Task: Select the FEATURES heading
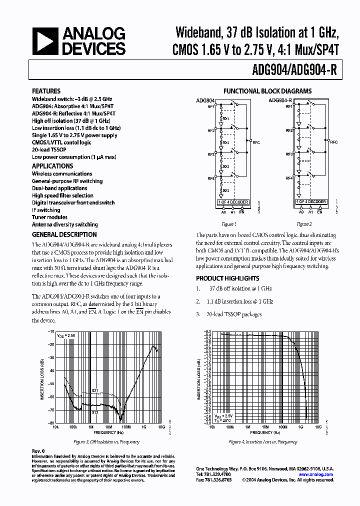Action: (46, 91)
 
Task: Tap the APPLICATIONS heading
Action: (52, 166)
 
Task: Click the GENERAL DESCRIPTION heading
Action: (64, 234)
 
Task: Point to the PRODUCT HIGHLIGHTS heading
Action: (227, 278)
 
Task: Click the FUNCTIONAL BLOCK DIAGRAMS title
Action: (267, 91)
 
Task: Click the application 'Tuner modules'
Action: (49, 217)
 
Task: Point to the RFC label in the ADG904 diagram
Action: (256, 142)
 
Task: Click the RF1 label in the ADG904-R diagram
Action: (289, 106)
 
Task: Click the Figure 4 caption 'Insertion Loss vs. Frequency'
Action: (263, 442)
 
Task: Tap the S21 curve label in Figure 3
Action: (94, 390)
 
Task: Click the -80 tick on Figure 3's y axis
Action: (51, 422)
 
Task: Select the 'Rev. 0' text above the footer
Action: (38, 451)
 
